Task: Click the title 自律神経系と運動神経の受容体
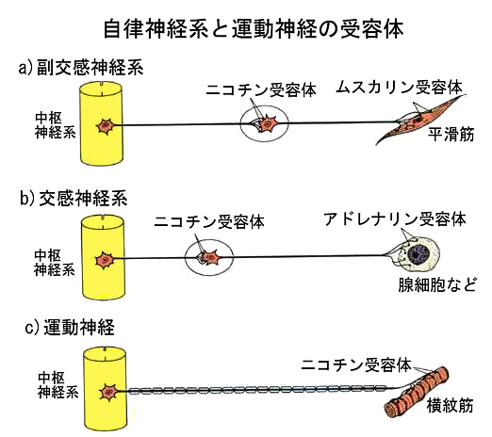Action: (x=254, y=30)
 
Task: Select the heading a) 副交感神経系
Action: (x=81, y=68)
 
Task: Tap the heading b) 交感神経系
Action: (x=74, y=199)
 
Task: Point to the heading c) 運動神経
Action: (x=70, y=328)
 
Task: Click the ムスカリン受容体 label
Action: (x=400, y=88)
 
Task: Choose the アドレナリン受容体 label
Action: (x=395, y=219)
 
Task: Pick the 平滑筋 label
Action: (x=451, y=135)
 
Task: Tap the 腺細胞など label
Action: (x=437, y=284)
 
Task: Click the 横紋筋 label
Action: (x=450, y=406)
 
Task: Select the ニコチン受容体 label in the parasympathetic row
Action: (x=261, y=90)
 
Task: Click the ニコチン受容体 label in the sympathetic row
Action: (x=209, y=221)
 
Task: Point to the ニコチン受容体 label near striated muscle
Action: (x=356, y=365)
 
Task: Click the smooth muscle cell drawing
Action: (x=420, y=121)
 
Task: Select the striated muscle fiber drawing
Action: (x=417, y=393)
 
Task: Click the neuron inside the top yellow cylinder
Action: (x=106, y=126)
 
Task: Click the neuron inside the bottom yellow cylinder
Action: (x=108, y=392)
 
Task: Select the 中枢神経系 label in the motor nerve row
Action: (x=57, y=385)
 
